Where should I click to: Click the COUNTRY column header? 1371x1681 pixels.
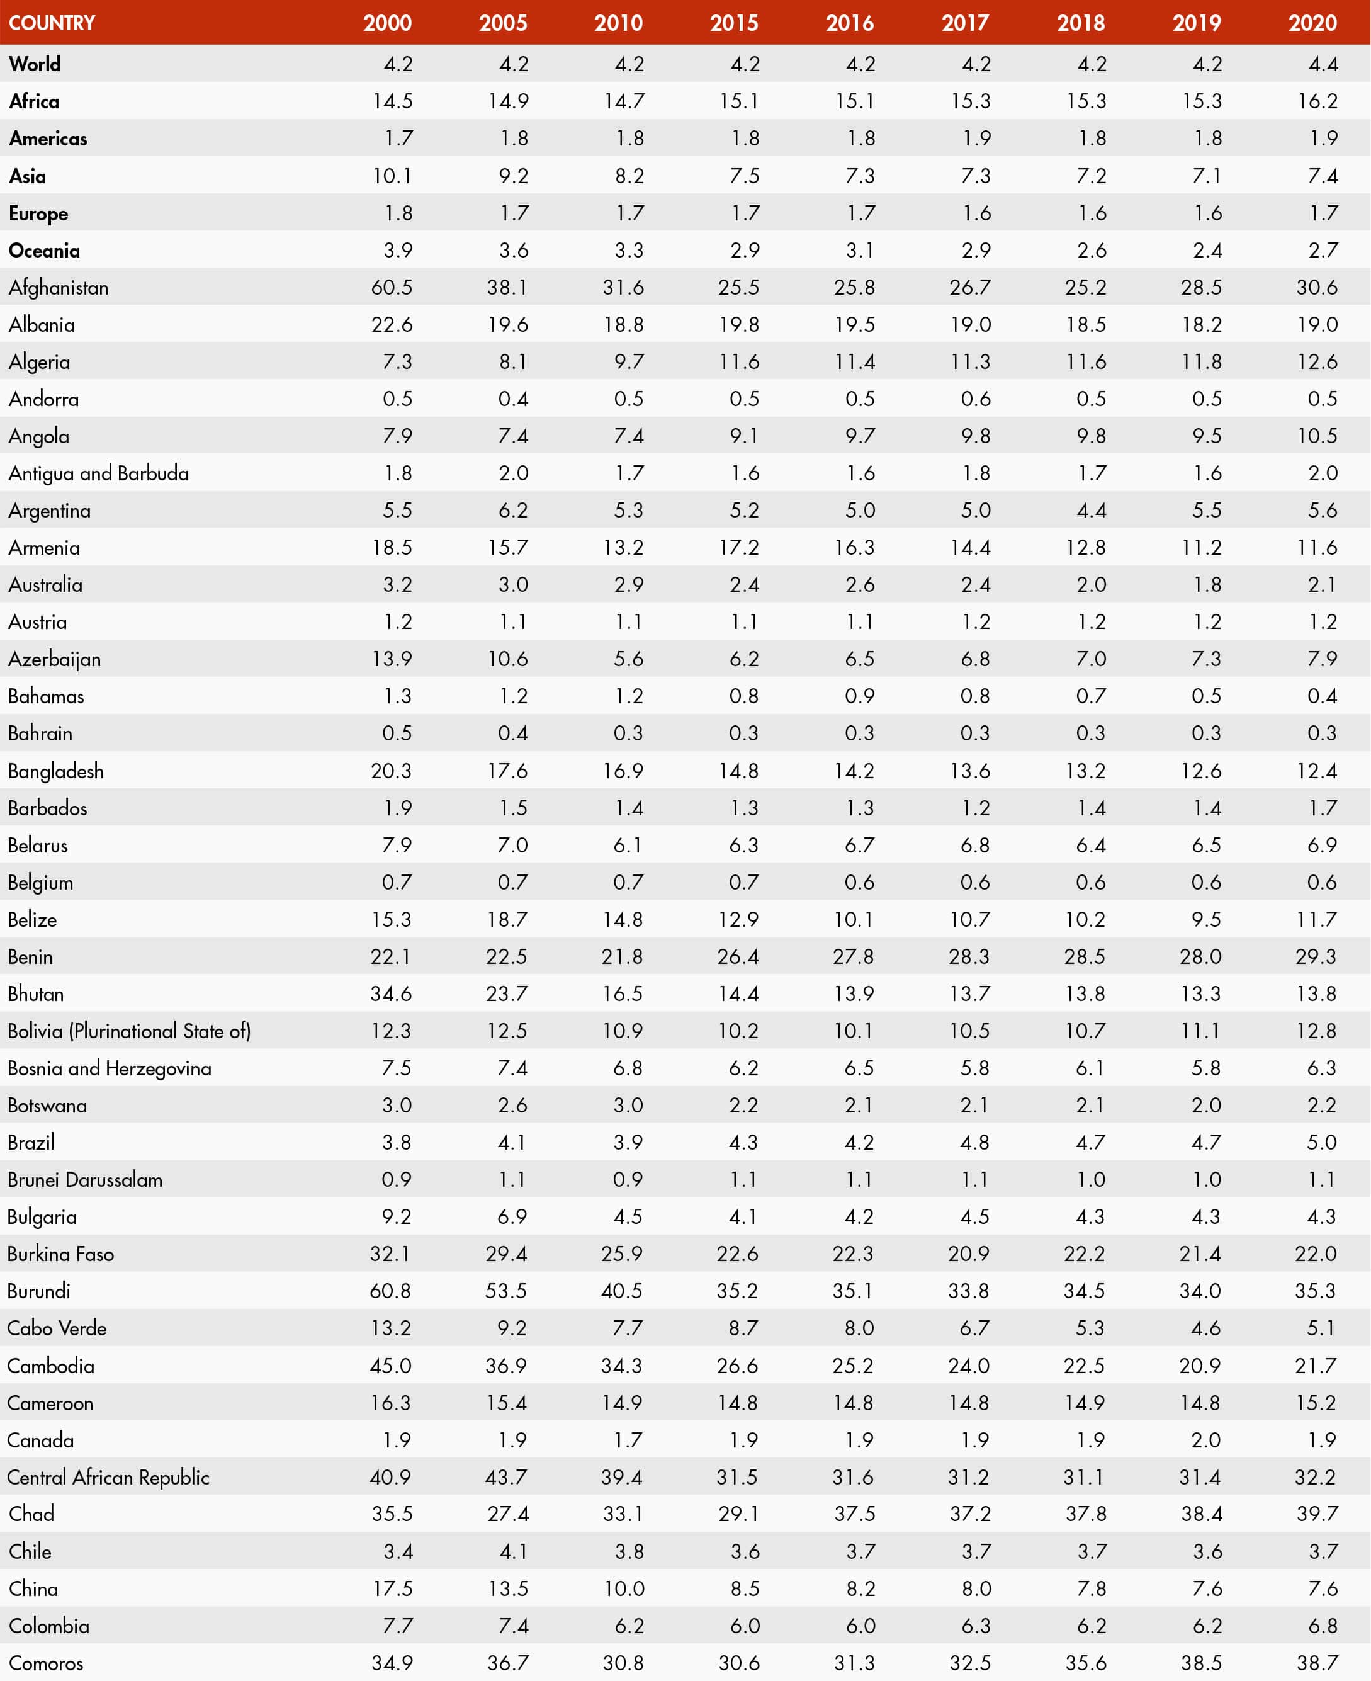52,23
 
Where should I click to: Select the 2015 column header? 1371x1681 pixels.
734,23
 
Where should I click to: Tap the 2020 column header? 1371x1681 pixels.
1312,23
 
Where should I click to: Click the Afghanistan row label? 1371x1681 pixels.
59,288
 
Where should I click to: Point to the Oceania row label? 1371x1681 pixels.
44,251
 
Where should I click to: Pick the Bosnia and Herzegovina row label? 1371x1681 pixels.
109,1068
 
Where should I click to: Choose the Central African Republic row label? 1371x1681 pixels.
108,1477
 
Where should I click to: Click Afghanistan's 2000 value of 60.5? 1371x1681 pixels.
392,288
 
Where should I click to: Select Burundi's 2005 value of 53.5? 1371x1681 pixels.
506,1291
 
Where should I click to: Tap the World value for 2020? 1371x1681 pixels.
1323,64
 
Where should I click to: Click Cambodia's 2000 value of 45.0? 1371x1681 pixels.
391,1366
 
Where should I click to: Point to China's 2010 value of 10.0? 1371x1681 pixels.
624,1588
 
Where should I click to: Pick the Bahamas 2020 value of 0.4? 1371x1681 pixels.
1322,696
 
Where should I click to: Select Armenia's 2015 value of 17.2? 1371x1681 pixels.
738,548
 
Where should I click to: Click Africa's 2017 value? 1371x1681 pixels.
970,101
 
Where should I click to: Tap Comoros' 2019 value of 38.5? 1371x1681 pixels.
1201,1663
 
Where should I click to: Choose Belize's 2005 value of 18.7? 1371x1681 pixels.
507,919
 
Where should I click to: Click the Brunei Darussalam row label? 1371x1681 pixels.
84,1179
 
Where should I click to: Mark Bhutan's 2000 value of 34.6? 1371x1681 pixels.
391,993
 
